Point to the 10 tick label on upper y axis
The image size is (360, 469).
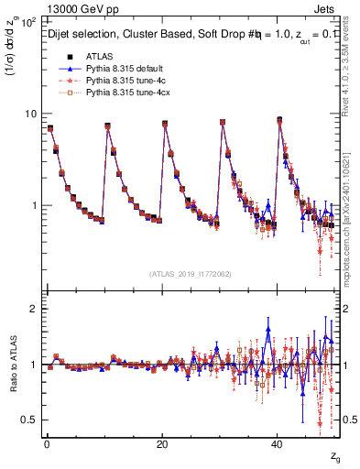[28, 114]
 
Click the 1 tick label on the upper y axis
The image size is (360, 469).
[32, 205]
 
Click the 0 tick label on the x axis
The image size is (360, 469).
[47, 443]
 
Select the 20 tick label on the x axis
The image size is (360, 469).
[162, 443]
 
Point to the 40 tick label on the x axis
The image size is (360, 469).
[278, 443]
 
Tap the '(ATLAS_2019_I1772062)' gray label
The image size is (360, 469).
[191, 274]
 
